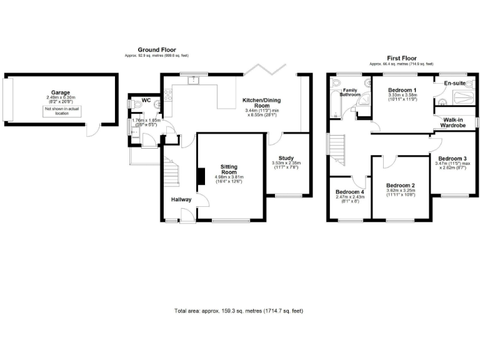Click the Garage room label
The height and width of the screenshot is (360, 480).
point(61,91)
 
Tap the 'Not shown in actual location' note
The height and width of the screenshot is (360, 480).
point(61,111)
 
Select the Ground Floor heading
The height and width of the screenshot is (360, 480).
point(157,49)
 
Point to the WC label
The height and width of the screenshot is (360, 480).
point(146,99)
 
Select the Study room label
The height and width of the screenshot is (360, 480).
point(286,158)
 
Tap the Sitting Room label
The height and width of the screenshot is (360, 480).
point(229,169)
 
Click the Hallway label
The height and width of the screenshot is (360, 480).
point(181,200)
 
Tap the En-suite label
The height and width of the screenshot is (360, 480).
point(455,83)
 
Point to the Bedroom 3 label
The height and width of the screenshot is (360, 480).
point(453,159)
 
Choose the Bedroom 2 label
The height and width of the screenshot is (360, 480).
point(401,186)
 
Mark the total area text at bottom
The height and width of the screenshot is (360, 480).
point(239,311)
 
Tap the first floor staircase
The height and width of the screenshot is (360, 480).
point(337,150)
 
